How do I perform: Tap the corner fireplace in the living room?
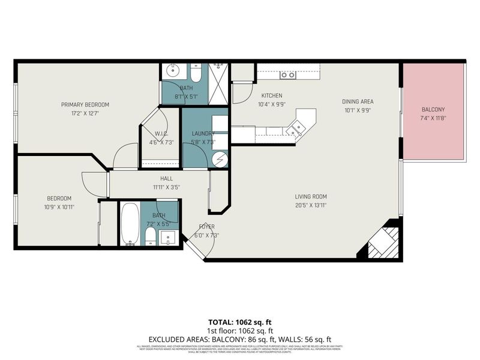pos(381,242)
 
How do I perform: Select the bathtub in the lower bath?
pos(130,223)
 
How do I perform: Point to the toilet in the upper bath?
pos(196,73)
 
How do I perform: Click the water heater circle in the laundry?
pos(219,160)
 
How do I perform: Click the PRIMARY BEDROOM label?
pos(85,104)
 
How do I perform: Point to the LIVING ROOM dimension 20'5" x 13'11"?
pos(310,205)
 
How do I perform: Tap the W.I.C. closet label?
pos(160,134)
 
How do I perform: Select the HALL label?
pos(166,178)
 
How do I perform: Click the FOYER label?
pos(207,226)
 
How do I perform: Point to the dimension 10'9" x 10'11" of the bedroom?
pos(60,207)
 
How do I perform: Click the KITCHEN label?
pos(271,96)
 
